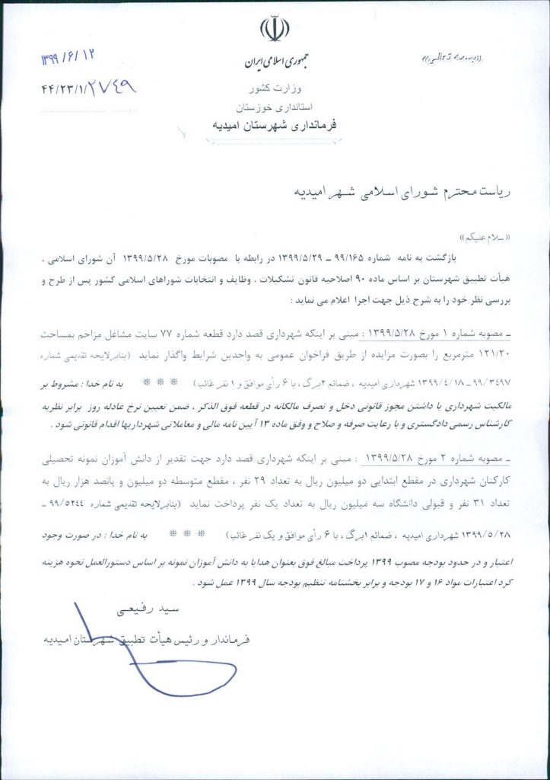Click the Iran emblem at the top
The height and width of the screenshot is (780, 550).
tap(274, 29)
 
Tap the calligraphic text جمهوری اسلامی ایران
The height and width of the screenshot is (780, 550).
tap(274, 62)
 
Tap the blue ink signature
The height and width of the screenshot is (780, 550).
tap(152, 663)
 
